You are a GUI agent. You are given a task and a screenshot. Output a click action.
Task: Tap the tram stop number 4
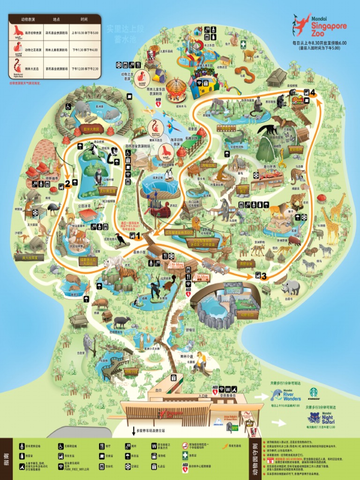[x=312, y=92]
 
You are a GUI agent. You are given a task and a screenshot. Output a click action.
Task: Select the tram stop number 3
[x=264, y=276]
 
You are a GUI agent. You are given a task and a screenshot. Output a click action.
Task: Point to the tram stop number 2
[x=67, y=184]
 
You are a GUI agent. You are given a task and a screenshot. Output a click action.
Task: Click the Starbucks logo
[x=313, y=392]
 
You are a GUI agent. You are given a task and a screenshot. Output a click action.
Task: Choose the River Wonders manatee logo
[x=277, y=395]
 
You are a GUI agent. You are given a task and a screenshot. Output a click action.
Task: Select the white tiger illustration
[x=112, y=263]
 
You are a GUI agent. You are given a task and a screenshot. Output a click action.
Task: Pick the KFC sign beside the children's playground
[x=151, y=55]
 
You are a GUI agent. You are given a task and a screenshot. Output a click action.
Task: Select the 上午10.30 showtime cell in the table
[x=85, y=33]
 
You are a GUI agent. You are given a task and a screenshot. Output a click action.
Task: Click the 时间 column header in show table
[x=84, y=20]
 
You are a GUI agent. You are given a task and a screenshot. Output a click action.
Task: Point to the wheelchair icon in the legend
[x=61, y=447]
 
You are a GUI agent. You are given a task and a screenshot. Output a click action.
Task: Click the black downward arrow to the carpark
[x=133, y=430]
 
